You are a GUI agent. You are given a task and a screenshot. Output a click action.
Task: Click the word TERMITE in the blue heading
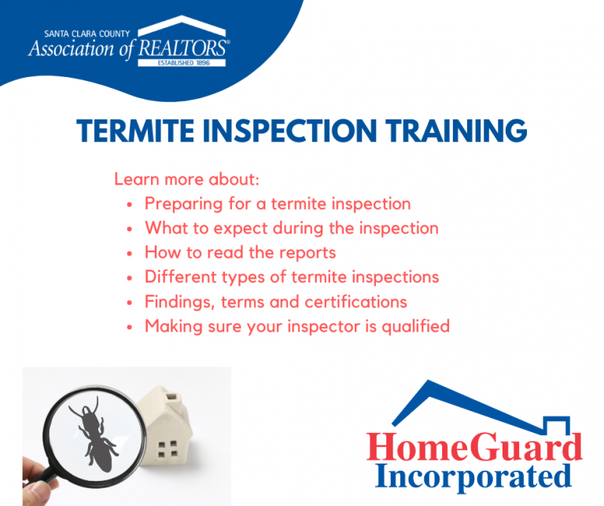pos(135,130)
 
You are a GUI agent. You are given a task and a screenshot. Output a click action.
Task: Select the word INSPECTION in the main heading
pos(289,130)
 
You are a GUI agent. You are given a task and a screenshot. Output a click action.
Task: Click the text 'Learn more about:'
pos(187,179)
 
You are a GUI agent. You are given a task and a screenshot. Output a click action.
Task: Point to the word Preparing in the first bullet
pos(184,204)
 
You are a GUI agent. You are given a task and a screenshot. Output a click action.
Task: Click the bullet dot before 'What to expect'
pos(130,229)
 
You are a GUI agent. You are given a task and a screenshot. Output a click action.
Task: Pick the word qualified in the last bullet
pos(415,327)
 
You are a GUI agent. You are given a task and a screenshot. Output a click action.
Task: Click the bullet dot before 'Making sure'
pos(130,328)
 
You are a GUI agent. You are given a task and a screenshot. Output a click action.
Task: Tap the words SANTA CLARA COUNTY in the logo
pos(87,34)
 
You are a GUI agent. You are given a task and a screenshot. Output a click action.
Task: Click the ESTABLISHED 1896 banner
pos(182,63)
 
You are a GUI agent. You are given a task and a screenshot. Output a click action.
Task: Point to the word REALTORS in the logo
pos(182,48)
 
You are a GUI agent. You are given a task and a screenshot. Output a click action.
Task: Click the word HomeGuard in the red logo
pos(474,447)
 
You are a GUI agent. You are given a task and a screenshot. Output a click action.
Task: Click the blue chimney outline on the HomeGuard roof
pos(556,425)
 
